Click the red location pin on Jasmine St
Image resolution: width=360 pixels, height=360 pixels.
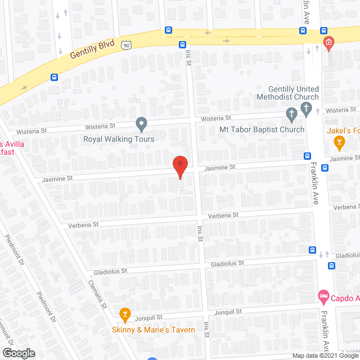coord(179,167)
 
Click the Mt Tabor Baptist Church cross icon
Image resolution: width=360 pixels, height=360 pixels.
coord(292,115)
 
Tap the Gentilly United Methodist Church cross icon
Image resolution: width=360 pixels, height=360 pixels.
coord(307,109)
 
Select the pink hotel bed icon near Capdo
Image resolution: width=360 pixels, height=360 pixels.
coord(323,295)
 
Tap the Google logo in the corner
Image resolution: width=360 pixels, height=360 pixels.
coord(18,353)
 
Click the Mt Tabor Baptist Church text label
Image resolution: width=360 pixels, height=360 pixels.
coord(262,129)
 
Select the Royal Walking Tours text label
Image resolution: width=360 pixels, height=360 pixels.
coord(119,138)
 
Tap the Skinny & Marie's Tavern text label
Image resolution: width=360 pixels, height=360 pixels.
coord(152,330)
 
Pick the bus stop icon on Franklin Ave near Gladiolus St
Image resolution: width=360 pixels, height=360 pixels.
coord(312,250)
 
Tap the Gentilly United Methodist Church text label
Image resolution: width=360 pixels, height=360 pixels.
coord(293,93)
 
